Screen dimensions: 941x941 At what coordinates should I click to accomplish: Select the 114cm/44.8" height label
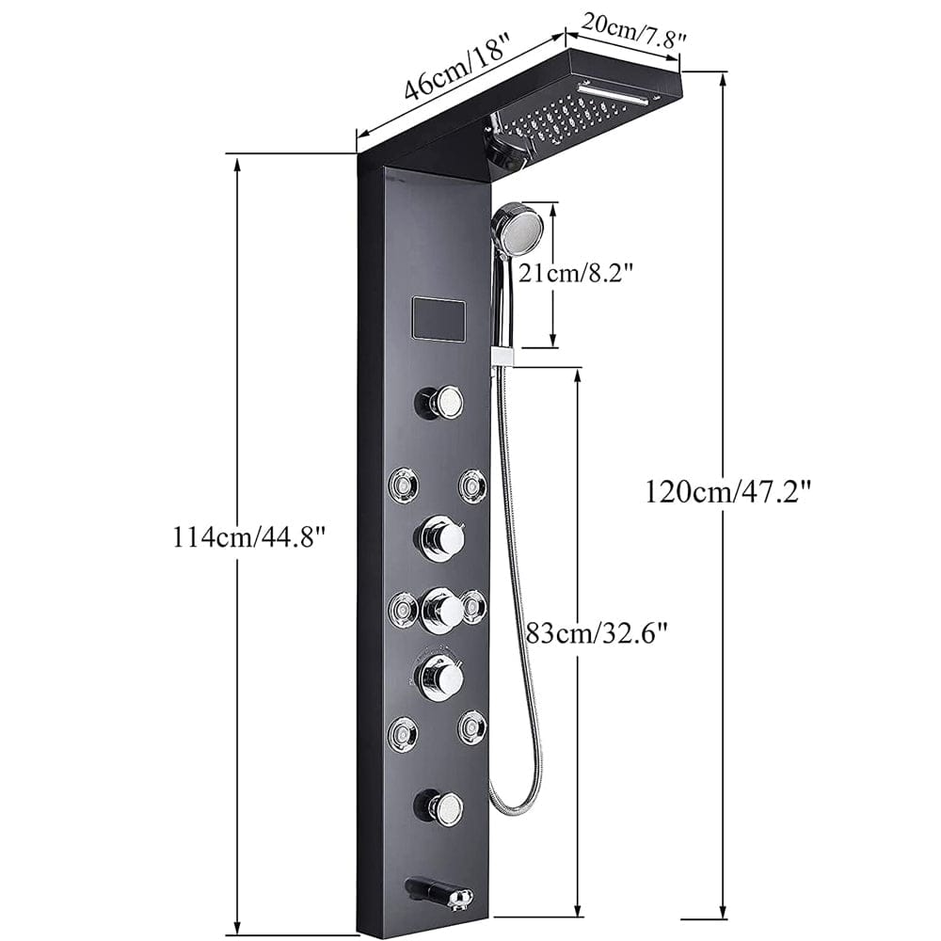click(248, 537)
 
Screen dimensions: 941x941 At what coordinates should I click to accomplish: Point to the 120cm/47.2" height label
click(727, 491)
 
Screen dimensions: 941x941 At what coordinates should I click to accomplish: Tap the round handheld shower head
click(517, 228)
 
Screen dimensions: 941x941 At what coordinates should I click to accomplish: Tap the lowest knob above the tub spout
click(439, 805)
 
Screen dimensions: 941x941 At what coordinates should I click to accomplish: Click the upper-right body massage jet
click(472, 485)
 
